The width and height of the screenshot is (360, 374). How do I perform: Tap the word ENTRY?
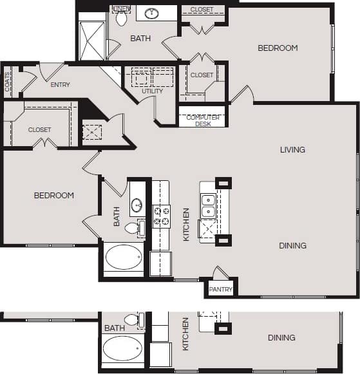59,84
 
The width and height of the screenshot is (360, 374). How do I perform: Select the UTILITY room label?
152,91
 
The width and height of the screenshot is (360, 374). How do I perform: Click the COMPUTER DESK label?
203,120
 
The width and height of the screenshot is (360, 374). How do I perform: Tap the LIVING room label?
292,150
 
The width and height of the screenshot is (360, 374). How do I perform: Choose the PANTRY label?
221,290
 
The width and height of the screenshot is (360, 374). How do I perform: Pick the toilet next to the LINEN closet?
121,18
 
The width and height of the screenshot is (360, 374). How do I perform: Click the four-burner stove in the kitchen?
160,216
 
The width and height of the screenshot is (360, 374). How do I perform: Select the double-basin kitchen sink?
208,205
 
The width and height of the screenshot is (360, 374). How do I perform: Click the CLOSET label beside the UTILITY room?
202,75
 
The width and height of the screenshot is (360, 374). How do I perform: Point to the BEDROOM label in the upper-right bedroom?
278,48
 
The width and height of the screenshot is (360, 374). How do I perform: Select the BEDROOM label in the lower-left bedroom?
53,195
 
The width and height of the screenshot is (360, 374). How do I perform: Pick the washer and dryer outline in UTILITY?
153,77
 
